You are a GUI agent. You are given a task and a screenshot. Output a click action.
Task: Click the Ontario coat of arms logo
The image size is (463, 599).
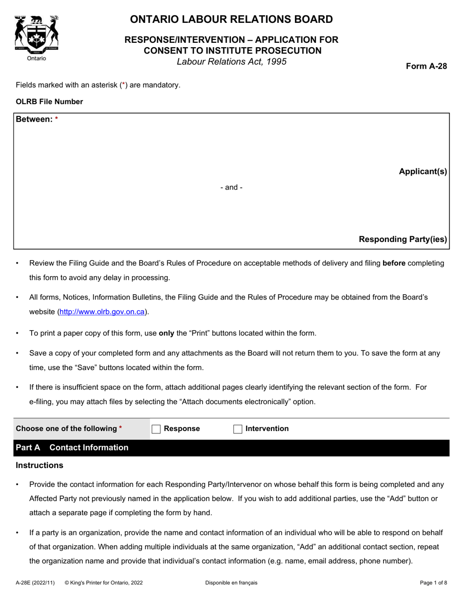click(x=37, y=36)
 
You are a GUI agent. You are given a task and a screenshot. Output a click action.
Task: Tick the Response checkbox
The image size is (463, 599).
click(x=156, y=429)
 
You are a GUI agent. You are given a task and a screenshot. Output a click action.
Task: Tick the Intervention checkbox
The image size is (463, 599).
click(x=238, y=429)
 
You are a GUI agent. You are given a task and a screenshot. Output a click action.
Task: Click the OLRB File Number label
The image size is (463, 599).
click(x=49, y=102)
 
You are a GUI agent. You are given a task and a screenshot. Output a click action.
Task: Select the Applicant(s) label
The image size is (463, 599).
click(x=423, y=171)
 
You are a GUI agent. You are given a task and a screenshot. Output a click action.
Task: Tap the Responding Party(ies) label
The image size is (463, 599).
click(x=403, y=239)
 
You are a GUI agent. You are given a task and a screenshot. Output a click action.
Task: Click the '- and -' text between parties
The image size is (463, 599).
click(x=231, y=187)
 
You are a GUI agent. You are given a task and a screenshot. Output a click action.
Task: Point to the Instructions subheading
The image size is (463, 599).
click(x=39, y=466)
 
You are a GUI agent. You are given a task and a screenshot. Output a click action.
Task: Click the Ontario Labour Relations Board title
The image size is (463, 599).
click(x=231, y=19)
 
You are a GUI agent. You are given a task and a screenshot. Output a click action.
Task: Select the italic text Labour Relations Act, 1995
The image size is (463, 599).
click(x=231, y=62)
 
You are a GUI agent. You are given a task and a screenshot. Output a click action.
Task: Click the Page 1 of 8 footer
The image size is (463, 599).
click(x=433, y=582)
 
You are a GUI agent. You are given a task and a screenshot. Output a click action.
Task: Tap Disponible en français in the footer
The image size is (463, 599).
click(x=231, y=582)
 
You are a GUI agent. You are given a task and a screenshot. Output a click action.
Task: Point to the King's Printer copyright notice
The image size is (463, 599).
click(x=103, y=582)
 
